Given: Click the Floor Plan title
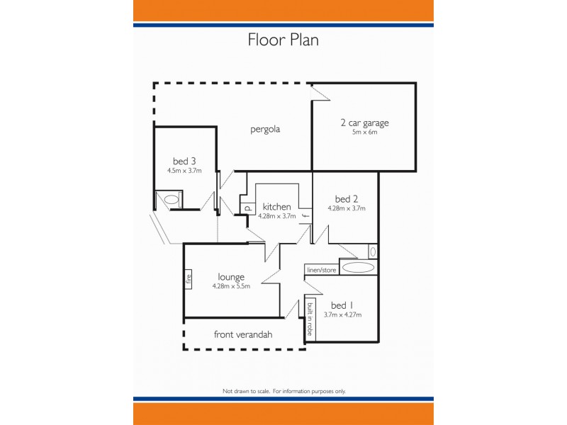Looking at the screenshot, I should (283, 40).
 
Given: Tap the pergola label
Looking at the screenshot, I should (266, 129).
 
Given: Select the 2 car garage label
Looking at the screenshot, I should (364, 123).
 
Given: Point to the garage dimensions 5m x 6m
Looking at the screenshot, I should (364, 132).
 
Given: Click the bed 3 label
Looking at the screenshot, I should (184, 160).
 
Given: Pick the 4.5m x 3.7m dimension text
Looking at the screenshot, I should (184, 170).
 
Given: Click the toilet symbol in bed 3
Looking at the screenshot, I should (172, 200).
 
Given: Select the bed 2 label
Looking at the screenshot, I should (346, 198).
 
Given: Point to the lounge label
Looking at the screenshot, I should (231, 277).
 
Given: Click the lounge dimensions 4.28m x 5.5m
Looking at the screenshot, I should (231, 286).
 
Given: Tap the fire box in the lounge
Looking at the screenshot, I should (189, 278).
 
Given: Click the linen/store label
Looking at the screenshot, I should (321, 270).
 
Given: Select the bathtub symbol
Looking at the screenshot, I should (357, 267).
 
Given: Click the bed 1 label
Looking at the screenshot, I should (342, 305).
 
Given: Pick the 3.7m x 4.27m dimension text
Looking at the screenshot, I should (342, 314).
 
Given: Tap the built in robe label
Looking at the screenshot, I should (310, 318).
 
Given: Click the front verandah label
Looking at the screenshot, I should (243, 334).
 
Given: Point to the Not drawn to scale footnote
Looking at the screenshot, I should (283, 391).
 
